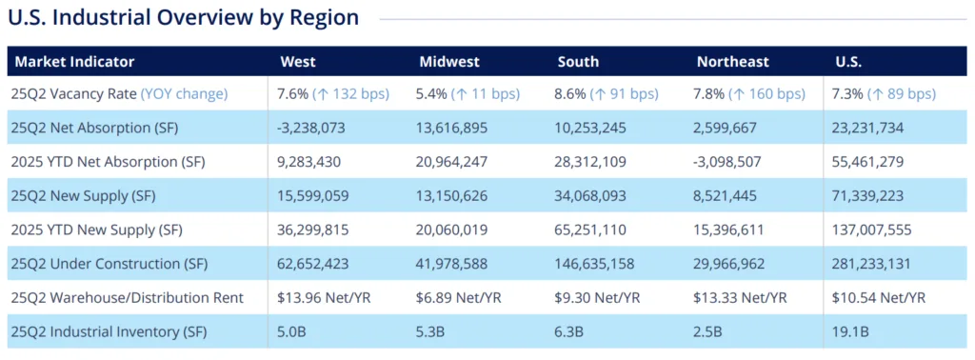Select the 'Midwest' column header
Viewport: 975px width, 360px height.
[449, 62]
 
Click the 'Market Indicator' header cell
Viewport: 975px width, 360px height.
[75, 62]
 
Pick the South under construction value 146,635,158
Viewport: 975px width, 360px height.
[601, 264]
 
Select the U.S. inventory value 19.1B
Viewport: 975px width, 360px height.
[853, 331]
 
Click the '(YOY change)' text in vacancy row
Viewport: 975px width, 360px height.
[184, 94]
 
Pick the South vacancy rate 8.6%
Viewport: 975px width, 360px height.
[570, 94]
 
